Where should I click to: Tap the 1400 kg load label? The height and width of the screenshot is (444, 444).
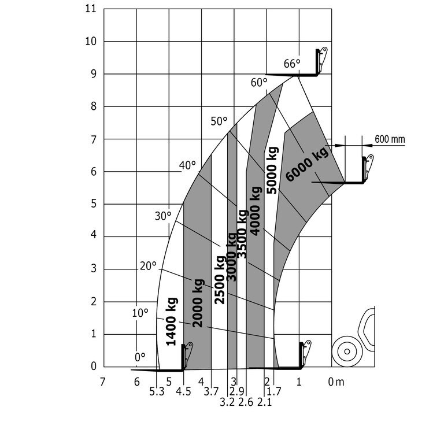172,321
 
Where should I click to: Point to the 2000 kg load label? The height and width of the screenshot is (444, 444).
198,303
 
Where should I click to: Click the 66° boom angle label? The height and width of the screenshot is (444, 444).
292,64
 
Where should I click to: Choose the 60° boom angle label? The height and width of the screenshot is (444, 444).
258,83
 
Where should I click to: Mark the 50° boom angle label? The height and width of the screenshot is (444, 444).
219,121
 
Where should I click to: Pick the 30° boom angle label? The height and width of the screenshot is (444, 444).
163,216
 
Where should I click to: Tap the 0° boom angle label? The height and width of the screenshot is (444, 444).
140,357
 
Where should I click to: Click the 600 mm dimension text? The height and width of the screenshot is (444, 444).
390,139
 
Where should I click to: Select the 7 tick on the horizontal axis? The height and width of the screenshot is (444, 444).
103,382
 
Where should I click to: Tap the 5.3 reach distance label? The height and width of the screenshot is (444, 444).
157,392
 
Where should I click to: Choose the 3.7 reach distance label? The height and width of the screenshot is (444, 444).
211,392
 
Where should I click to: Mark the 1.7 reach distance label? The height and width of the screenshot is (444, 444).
273,392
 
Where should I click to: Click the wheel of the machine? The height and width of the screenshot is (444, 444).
346,351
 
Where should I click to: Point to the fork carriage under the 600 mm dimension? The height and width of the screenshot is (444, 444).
367,169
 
